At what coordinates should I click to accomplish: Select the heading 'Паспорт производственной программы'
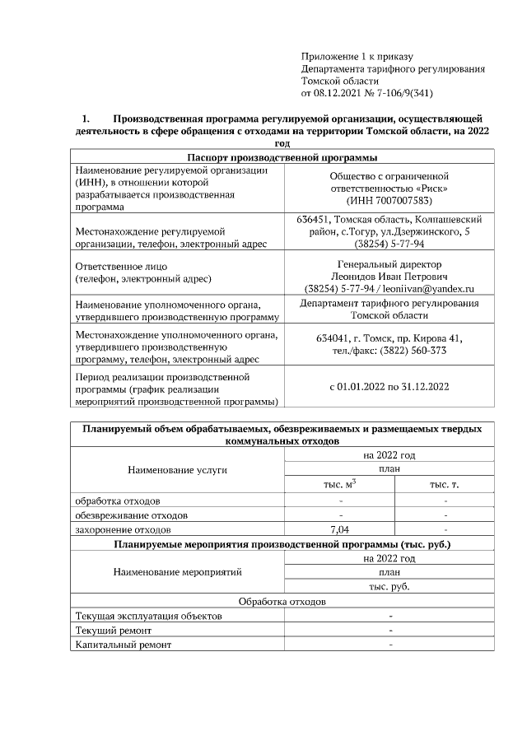click(282, 157)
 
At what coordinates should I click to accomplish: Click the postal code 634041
click(332, 338)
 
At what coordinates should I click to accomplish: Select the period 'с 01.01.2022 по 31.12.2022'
click(389, 386)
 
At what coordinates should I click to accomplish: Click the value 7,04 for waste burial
click(340, 529)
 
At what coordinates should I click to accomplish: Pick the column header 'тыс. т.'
click(444, 485)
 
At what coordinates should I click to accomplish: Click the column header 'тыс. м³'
click(339, 485)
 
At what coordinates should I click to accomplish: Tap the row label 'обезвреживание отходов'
click(131, 515)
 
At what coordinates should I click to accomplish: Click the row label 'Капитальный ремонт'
click(124, 645)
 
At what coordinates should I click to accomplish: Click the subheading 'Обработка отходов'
click(282, 602)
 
